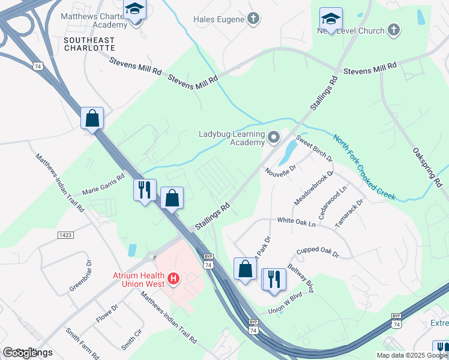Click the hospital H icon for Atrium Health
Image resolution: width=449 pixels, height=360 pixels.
(173, 278)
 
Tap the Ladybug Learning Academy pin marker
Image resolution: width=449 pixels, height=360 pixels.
(274, 139)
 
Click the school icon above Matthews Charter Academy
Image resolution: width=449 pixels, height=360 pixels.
(134, 10)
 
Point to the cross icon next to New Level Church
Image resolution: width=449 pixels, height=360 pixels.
(394, 29)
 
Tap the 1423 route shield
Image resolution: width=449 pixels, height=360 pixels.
(65, 236)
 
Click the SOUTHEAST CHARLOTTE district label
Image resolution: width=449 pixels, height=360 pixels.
(89, 44)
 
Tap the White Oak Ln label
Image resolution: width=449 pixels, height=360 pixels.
(296, 222)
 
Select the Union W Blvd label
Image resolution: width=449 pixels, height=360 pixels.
(285, 304)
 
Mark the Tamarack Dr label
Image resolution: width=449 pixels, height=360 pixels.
(349, 213)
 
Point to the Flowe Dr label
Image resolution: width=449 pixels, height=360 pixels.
(107, 313)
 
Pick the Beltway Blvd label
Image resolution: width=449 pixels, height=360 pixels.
(301, 278)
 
